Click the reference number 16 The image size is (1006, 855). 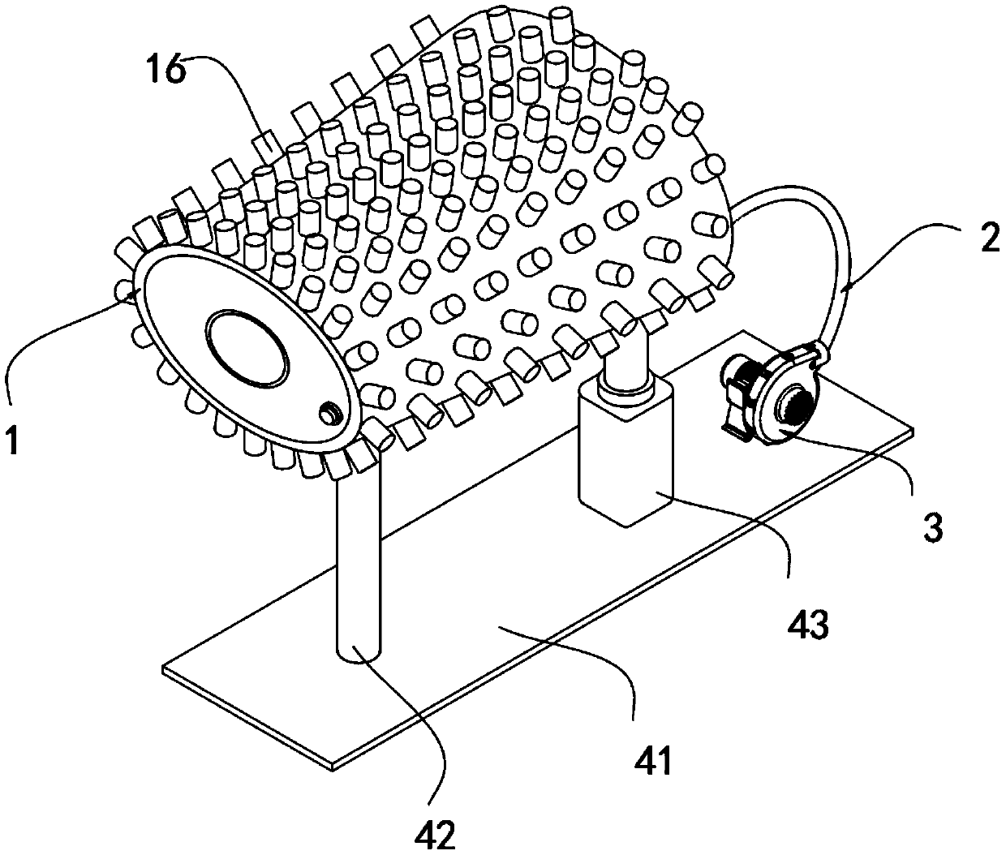coord(166,69)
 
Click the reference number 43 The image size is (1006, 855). coord(808,625)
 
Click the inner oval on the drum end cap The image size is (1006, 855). coord(247,349)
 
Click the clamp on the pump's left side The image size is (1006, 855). coord(736,389)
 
